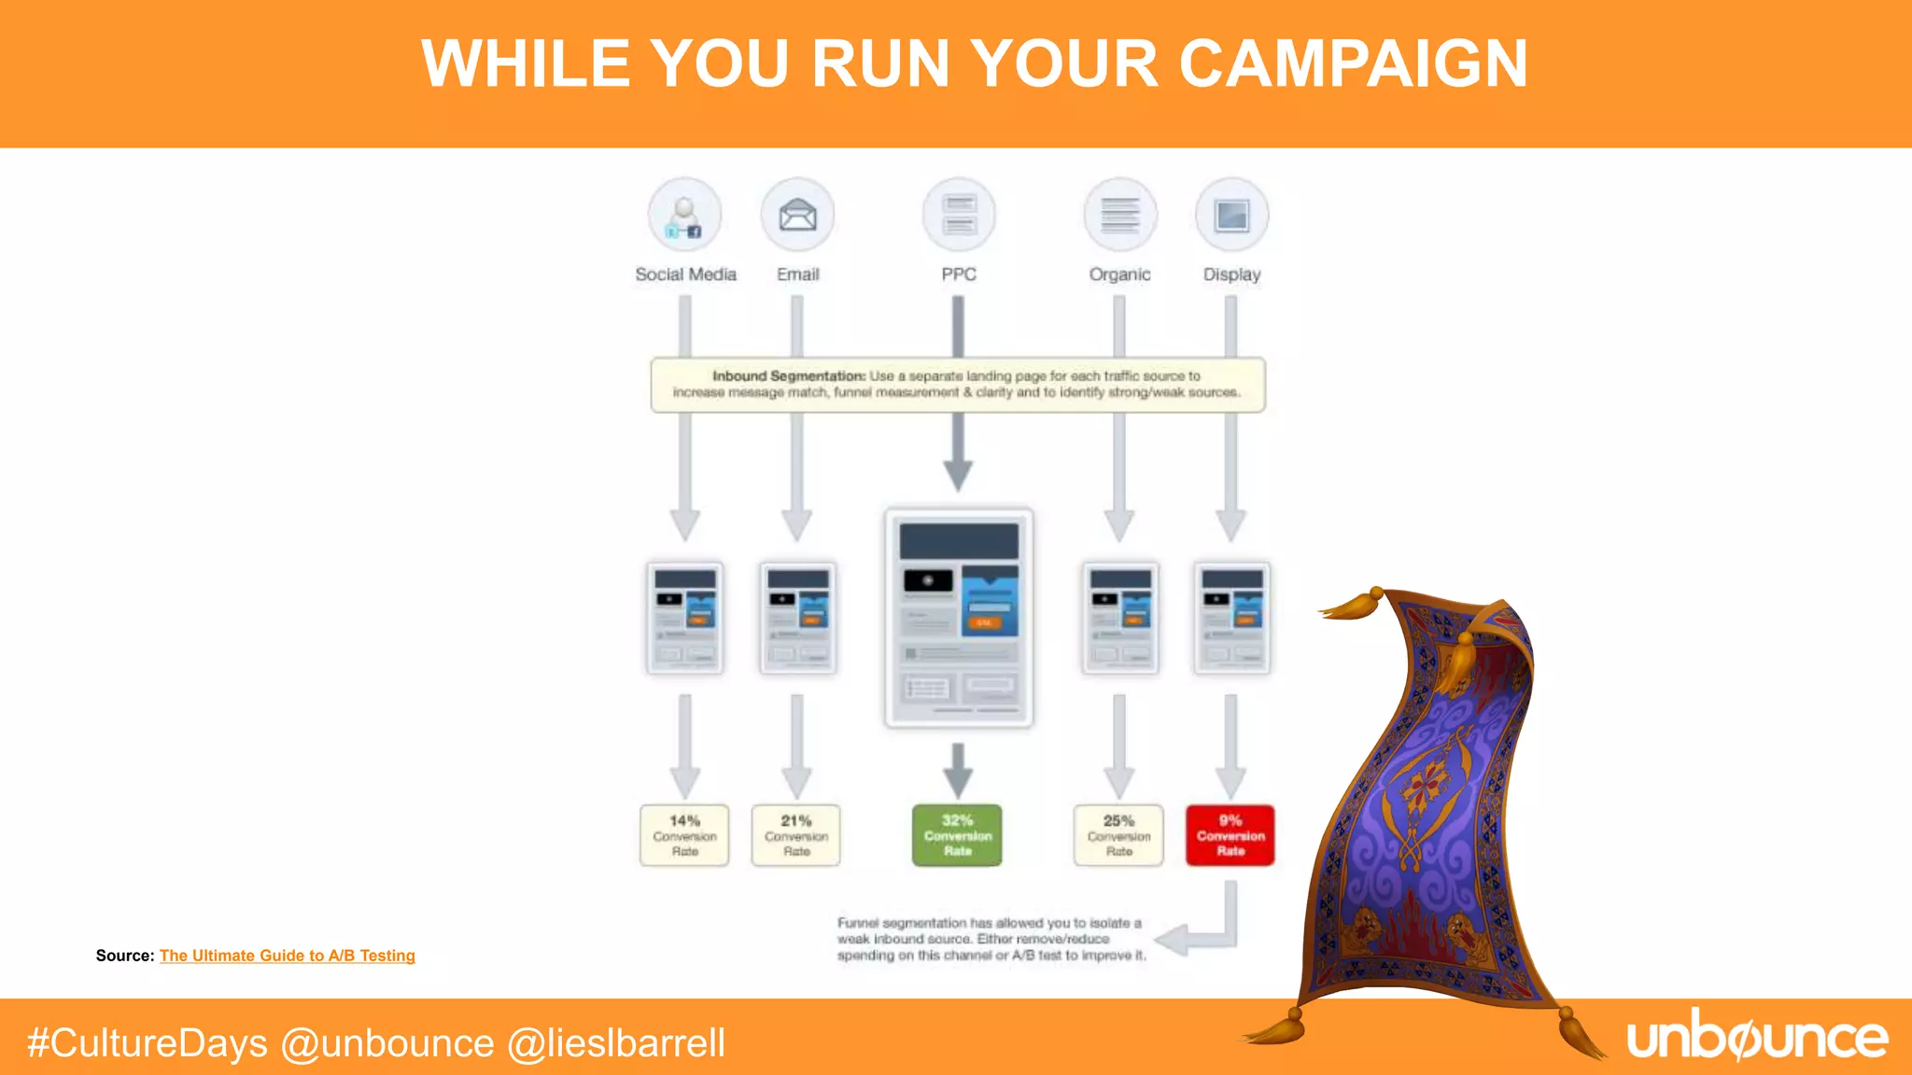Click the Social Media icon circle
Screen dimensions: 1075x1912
[x=685, y=215]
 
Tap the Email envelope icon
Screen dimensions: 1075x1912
[x=797, y=215]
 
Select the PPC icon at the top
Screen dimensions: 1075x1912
[x=959, y=215]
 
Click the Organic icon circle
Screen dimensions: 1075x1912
[x=1119, y=215]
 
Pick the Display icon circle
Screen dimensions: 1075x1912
[x=1231, y=215]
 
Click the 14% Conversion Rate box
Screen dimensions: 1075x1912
[x=684, y=835]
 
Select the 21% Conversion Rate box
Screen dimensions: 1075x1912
[x=796, y=835]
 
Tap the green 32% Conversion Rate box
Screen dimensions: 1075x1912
[x=957, y=835]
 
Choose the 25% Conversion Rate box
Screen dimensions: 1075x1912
[x=1118, y=835]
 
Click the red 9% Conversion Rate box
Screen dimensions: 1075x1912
[x=1230, y=835]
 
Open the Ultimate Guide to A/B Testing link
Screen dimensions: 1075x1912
[x=288, y=956]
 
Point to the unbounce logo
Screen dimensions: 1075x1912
[x=1757, y=1038]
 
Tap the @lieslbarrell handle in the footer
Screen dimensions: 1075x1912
[x=616, y=1043]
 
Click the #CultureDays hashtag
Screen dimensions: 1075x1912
[x=148, y=1043]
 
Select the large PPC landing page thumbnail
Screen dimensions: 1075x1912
[x=959, y=617]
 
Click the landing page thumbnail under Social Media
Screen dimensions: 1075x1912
[x=685, y=617]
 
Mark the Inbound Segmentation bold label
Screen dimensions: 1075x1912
[x=789, y=376]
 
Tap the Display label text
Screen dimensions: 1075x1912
[x=1231, y=274]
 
